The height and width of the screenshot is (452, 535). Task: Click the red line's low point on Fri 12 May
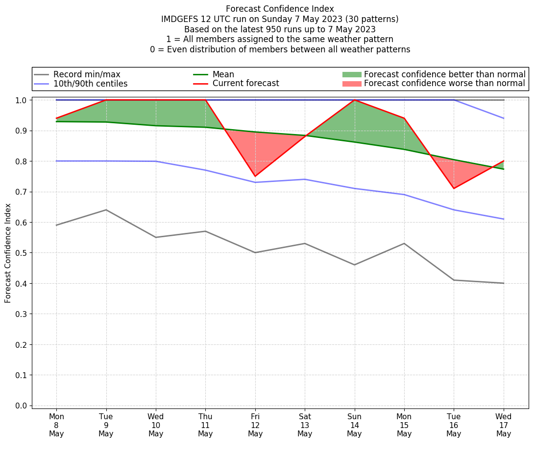click(255, 176)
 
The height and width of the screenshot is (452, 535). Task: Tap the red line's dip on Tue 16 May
click(454, 188)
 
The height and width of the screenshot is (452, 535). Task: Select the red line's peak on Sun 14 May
click(354, 100)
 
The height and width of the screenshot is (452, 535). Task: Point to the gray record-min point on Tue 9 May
click(106, 210)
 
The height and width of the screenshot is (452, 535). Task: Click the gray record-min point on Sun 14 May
click(354, 265)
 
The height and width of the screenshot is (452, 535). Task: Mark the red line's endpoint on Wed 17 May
click(504, 161)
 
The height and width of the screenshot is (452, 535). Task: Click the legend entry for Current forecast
click(245, 84)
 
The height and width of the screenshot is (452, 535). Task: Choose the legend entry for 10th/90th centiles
click(90, 84)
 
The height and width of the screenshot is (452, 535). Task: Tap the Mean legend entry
click(223, 74)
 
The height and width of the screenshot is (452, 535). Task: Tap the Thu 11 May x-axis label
click(205, 425)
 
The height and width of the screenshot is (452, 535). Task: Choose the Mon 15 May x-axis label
click(404, 425)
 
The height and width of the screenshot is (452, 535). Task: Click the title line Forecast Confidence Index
click(280, 9)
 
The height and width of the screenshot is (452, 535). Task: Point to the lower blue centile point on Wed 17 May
click(504, 219)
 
